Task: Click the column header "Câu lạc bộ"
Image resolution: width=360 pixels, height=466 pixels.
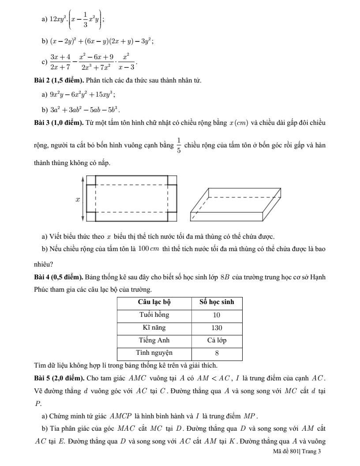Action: [x=154, y=302]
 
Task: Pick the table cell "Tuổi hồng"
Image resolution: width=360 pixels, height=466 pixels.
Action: [x=154, y=315]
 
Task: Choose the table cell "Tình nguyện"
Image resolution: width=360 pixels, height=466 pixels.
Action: [x=154, y=353]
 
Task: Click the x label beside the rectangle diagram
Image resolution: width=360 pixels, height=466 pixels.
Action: [x=78, y=200]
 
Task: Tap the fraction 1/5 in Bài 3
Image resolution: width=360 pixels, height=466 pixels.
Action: [x=178, y=145]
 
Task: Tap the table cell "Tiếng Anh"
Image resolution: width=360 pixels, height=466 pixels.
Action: [x=154, y=340]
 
